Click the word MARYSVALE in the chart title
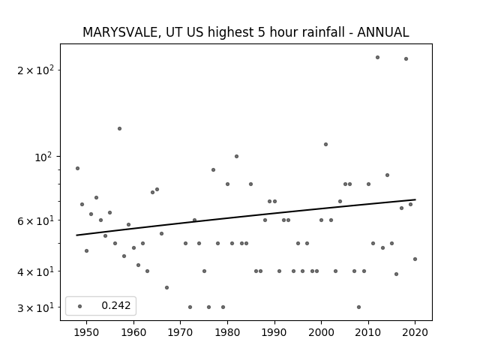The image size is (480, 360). coord(121,32)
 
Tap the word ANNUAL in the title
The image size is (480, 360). coord(383,32)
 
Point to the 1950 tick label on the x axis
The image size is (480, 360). coord(87,332)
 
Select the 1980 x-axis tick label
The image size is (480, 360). coord(227,332)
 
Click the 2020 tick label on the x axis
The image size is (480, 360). coord(415,332)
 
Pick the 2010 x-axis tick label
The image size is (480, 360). coord(368,332)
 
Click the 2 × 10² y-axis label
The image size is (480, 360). coord(35,70)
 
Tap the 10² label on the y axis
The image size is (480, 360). coord(44,157)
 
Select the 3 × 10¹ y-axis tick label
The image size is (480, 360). coord(35,307)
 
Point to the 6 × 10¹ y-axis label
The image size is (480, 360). coord(35,220)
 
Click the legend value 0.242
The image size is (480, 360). coord(116,305)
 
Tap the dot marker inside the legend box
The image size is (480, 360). coord(80,306)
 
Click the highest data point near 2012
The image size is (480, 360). coord(377,57)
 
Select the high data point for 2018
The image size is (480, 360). coord(406,58)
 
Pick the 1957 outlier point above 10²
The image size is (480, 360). coord(119,128)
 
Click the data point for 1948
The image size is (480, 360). coord(77,168)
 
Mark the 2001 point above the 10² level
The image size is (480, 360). coord(325,144)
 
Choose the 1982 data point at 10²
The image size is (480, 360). coord(236,157)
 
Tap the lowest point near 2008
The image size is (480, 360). coord(358,307)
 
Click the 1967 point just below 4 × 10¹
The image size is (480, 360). coord(166,287)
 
